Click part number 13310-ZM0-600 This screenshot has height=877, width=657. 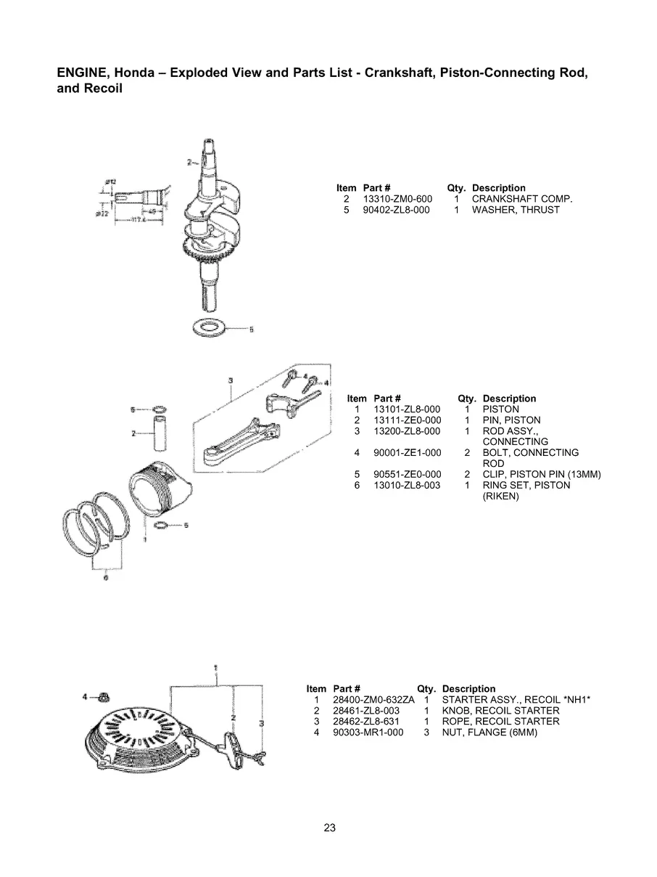(x=397, y=199)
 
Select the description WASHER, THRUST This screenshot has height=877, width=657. (x=516, y=210)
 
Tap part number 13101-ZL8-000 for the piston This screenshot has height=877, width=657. (x=407, y=409)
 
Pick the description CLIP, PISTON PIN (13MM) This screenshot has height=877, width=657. (x=542, y=475)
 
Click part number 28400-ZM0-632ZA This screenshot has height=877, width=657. (x=373, y=700)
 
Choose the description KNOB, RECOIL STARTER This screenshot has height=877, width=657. (x=500, y=711)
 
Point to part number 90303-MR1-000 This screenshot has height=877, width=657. (x=368, y=733)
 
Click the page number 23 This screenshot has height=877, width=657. (x=329, y=828)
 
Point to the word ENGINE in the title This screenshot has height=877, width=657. (x=80, y=74)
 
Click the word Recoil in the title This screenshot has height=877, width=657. (x=104, y=89)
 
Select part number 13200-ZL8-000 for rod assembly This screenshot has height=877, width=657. (x=407, y=431)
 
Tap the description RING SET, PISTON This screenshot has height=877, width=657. (x=526, y=486)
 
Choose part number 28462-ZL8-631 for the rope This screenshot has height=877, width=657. (x=366, y=722)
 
